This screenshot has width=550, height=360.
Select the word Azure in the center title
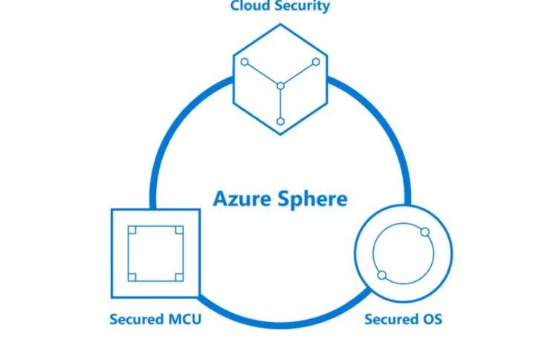[x=239, y=199]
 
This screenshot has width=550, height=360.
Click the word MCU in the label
[x=183, y=320]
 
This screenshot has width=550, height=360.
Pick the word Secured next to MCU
[x=136, y=320]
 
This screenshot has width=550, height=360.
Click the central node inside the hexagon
[x=280, y=86]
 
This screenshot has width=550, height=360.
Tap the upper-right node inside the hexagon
[x=316, y=62]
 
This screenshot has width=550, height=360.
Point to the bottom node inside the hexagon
[x=280, y=120]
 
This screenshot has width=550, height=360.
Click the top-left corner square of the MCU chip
[x=132, y=230]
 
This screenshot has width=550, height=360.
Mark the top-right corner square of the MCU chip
[x=178, y=230]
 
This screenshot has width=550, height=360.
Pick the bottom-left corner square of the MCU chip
[x=132, y=277]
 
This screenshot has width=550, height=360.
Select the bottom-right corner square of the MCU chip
[x=178, y=277]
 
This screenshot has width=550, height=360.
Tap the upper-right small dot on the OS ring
[x=425, y=233]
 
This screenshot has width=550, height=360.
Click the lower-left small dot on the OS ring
[x=382, y=275]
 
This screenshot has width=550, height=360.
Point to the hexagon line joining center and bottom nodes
[x=280, y=104]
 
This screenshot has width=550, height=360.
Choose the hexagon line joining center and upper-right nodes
[x=298, y=74]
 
